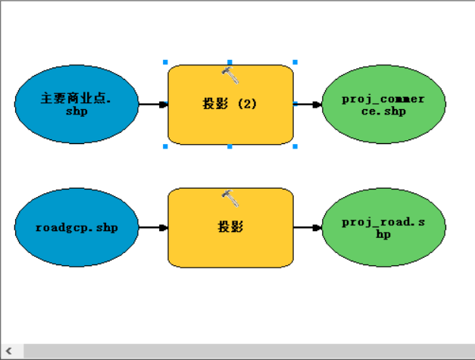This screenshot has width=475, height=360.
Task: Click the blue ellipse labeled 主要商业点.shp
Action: [77, 104]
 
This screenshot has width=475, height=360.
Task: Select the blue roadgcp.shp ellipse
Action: [77, 227]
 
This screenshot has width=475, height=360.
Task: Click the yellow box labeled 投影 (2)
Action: [230, 105]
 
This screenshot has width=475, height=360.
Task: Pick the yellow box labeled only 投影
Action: [230, 227]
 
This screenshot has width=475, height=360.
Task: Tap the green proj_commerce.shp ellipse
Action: [383, 104]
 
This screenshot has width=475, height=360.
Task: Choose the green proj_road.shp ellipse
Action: [383, 227]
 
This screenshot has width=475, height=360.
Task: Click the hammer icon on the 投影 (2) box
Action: [230, 75]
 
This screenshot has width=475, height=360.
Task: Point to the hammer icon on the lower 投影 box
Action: [230, 198]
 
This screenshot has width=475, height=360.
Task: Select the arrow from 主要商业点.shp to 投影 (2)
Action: [153, 105]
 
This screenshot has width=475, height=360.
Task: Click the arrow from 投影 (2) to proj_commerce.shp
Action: [308, 105]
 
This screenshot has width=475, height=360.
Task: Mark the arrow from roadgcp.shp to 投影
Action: [153, 227]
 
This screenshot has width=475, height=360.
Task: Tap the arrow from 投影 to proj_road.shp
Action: [308, 227]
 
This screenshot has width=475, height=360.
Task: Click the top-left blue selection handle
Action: [165, 62]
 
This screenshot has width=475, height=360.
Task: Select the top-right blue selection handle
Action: [295, 62]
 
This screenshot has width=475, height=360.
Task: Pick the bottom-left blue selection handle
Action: [165, 146]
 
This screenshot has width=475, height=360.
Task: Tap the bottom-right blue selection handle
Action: [295, 146]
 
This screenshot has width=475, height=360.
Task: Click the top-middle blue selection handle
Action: [230, 62]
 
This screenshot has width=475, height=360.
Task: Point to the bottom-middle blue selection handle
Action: [230, 146]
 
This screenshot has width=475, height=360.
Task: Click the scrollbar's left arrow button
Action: [9, 351]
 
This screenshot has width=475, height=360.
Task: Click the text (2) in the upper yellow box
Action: [247, 104]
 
